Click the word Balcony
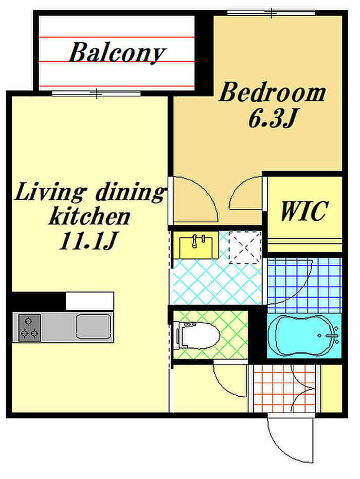117,53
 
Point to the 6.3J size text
273,118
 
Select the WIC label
304,211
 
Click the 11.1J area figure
88,241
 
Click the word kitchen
89,216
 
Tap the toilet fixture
196,335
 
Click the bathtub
304,335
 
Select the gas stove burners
30,328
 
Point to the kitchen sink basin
94,327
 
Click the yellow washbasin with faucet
196,245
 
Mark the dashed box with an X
245,247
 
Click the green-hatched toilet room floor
211,335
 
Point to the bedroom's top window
271,13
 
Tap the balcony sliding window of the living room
96,93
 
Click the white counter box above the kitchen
90,301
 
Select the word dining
131,192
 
